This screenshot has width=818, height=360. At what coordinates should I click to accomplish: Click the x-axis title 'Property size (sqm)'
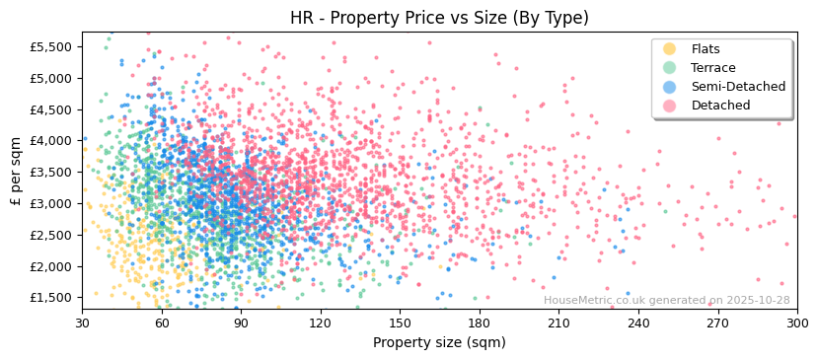439,343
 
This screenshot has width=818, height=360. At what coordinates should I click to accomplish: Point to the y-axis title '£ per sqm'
16,171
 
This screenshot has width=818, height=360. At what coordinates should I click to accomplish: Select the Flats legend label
706,49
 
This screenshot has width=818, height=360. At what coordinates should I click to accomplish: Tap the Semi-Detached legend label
738,87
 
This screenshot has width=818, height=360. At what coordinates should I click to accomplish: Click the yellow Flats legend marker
669,49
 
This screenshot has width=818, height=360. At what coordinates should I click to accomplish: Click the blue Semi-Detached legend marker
669,87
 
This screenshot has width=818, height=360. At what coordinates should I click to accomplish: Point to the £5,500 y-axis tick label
51,46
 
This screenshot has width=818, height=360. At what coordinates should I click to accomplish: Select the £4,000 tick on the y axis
51,140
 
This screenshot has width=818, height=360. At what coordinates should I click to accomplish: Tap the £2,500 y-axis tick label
51,235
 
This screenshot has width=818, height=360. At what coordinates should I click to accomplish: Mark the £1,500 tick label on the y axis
51,298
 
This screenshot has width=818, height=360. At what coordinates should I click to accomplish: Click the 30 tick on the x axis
82,323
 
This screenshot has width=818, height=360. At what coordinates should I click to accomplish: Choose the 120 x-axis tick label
321,323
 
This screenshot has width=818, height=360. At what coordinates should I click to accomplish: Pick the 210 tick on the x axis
558,323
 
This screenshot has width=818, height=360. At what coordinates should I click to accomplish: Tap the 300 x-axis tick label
797,323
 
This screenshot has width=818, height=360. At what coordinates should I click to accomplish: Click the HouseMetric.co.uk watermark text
666,300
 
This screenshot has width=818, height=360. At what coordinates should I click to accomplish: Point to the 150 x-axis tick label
400,323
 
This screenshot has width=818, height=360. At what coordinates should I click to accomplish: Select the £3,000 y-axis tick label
51,203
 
